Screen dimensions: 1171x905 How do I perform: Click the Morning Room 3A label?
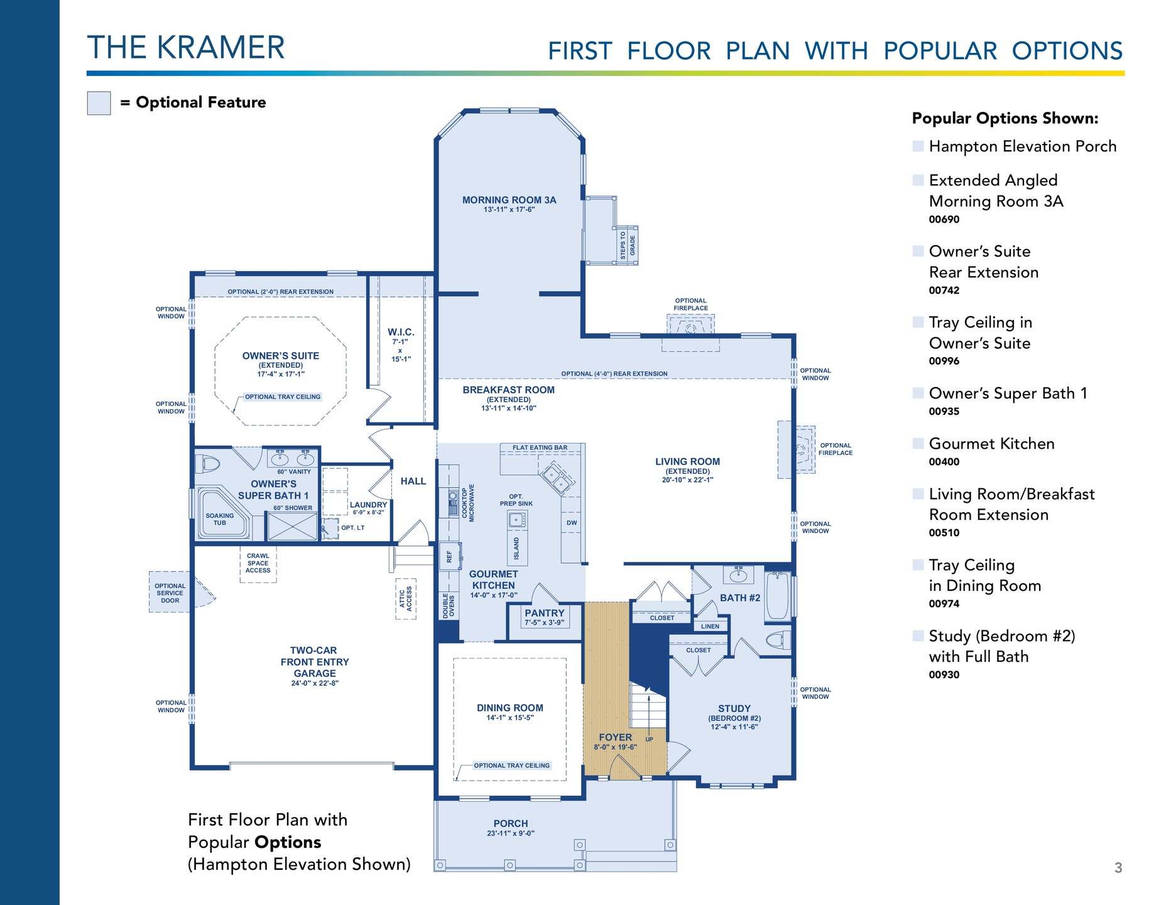pos(509,200)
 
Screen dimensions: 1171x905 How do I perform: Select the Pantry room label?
pos(544,613)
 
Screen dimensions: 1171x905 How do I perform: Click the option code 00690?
pos(944,219)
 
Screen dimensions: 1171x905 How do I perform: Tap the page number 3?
pos(1118,868)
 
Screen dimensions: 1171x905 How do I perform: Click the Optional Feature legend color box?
pos(99,103)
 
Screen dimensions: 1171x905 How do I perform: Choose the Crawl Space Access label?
pos(258,563)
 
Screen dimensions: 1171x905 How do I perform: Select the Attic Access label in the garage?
pos(405,598)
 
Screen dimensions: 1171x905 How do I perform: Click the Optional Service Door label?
pos(170,593)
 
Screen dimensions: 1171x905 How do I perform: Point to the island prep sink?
pos(517,519)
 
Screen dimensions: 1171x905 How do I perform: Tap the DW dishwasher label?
pos(572,523)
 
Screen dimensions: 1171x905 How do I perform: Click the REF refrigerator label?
pos(449,556)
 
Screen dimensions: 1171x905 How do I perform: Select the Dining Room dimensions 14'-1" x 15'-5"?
pos(509,718)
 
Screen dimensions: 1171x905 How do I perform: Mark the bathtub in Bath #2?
pos(777,596)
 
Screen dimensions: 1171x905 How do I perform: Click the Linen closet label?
pos(710,626)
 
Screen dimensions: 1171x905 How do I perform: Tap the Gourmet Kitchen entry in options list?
pos(991,444)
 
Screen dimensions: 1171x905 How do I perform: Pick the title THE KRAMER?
pos(186,48)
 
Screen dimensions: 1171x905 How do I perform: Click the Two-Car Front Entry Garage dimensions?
pos(314,683)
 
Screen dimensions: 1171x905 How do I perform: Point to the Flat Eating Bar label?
pos(540,447)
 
